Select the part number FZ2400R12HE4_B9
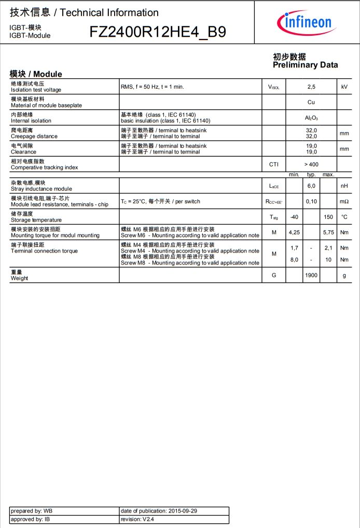click(x=158, y=32)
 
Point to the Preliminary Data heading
click(x=305, y=61)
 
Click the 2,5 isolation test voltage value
click(x=311, y=87)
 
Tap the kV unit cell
click(x=344, y=87)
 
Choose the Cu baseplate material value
click(x=311, y=102)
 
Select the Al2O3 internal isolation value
click(x=311, y=118)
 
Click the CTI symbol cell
click(x=274, y=164)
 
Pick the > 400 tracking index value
click(x=311, y=164)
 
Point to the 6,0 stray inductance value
click(x=311, y=186)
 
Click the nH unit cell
click(x=344, y=186)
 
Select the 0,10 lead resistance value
click(x=311, y=201)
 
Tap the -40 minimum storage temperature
click(x=294, y=217)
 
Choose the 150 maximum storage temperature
click(x=328, y=217)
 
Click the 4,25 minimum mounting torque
click(x=294, y=232)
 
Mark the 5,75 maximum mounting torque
click(x=328, y=232)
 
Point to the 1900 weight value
click(x=311, y=275)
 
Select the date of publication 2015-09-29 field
click(x=159, y=511)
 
